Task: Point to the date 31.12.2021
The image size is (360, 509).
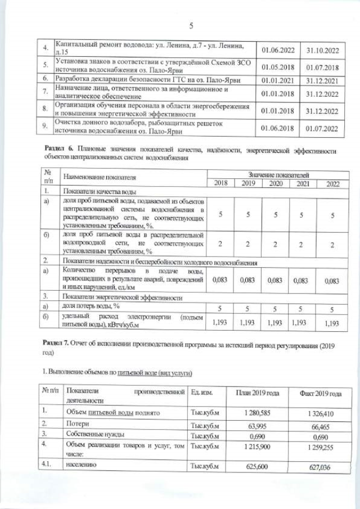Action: click(x=322, y=80)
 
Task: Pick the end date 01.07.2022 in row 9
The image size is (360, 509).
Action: click(x=322, y=128)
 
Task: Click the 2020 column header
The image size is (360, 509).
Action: click(x=275, y=183)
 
